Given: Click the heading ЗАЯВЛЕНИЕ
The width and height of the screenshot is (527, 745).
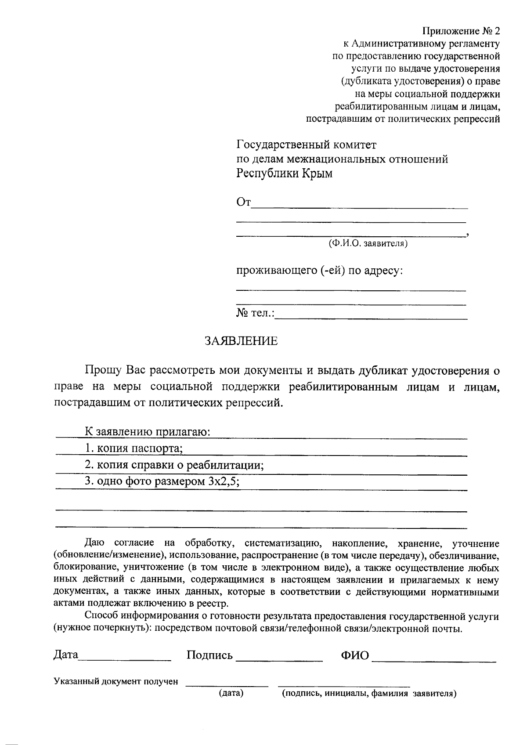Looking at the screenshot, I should (x=241, y=341).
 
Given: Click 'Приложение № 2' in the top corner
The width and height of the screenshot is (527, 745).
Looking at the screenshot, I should (x=461, y=31).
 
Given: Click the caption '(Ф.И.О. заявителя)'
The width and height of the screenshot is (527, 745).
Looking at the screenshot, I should (x=368, y=243).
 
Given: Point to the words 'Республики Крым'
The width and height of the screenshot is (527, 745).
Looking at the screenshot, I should (x=285, y=174).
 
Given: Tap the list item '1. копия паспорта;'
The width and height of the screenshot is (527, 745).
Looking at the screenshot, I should (x=134, y=448).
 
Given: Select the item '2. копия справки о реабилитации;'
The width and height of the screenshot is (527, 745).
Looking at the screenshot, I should (x=174, y=465).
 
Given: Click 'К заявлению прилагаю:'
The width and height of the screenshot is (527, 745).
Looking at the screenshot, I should (x=148, y=431).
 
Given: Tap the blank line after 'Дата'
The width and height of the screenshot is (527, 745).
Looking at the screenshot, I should (x=125, y=659).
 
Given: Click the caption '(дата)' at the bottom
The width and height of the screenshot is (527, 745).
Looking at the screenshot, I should (x=231, y=694).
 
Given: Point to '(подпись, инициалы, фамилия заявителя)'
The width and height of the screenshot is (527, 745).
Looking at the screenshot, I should (x=369, y=694).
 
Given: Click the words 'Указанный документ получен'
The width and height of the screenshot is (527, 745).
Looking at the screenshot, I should (x=116, y=682).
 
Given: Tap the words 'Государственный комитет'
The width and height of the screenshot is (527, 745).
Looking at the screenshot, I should (x=307, y=145).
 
